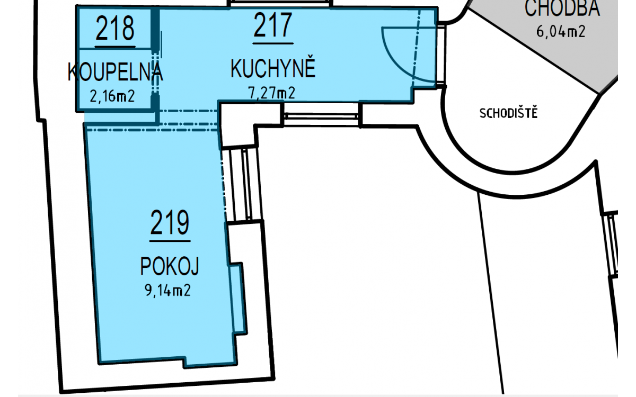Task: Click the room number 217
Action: tap(273, 25)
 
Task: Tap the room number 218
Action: tap(114, 28)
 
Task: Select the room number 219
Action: tap(170, 222)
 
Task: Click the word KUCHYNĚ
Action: tap(273, 68)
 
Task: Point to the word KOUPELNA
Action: tap(116, 72)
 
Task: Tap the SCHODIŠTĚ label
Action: tap(508, 113)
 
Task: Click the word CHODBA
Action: tap(562, 7)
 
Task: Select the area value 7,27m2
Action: tap(272, 93)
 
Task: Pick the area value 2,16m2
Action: tap(112, 96)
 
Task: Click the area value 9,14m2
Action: tap(168, 290)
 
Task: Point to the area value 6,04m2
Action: tap(561, 31)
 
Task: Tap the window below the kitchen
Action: tap(321, 116)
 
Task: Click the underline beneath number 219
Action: tap(170, 241)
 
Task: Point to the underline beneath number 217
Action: tap(273, 43)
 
